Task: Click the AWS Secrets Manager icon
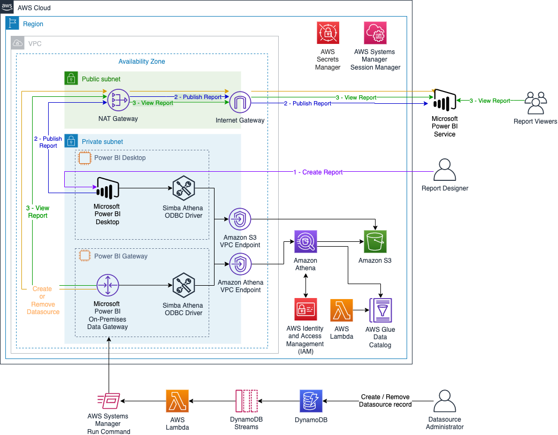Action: click(x=328, y=33)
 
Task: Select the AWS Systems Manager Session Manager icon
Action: click(x=375, y=33)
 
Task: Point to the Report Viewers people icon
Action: click(x=535, y=103)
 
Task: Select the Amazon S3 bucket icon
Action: click(x=374, y=241)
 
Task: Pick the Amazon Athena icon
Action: click(x=305, y=241)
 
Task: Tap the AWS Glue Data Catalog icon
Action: click(x=380, y=310)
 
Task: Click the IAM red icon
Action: click(x=305, y=309)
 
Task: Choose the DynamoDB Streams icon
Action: click(x=246, y=400)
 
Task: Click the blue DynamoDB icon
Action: click(x=310, y=400)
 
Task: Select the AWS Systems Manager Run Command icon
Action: click(x=109, y=400)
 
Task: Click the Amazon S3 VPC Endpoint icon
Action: click(x=240, y=219)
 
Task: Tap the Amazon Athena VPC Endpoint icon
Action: click(x=240, y=264)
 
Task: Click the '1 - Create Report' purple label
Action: click(x=318, y=172)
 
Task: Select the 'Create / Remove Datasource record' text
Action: click(x=385, y=401)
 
